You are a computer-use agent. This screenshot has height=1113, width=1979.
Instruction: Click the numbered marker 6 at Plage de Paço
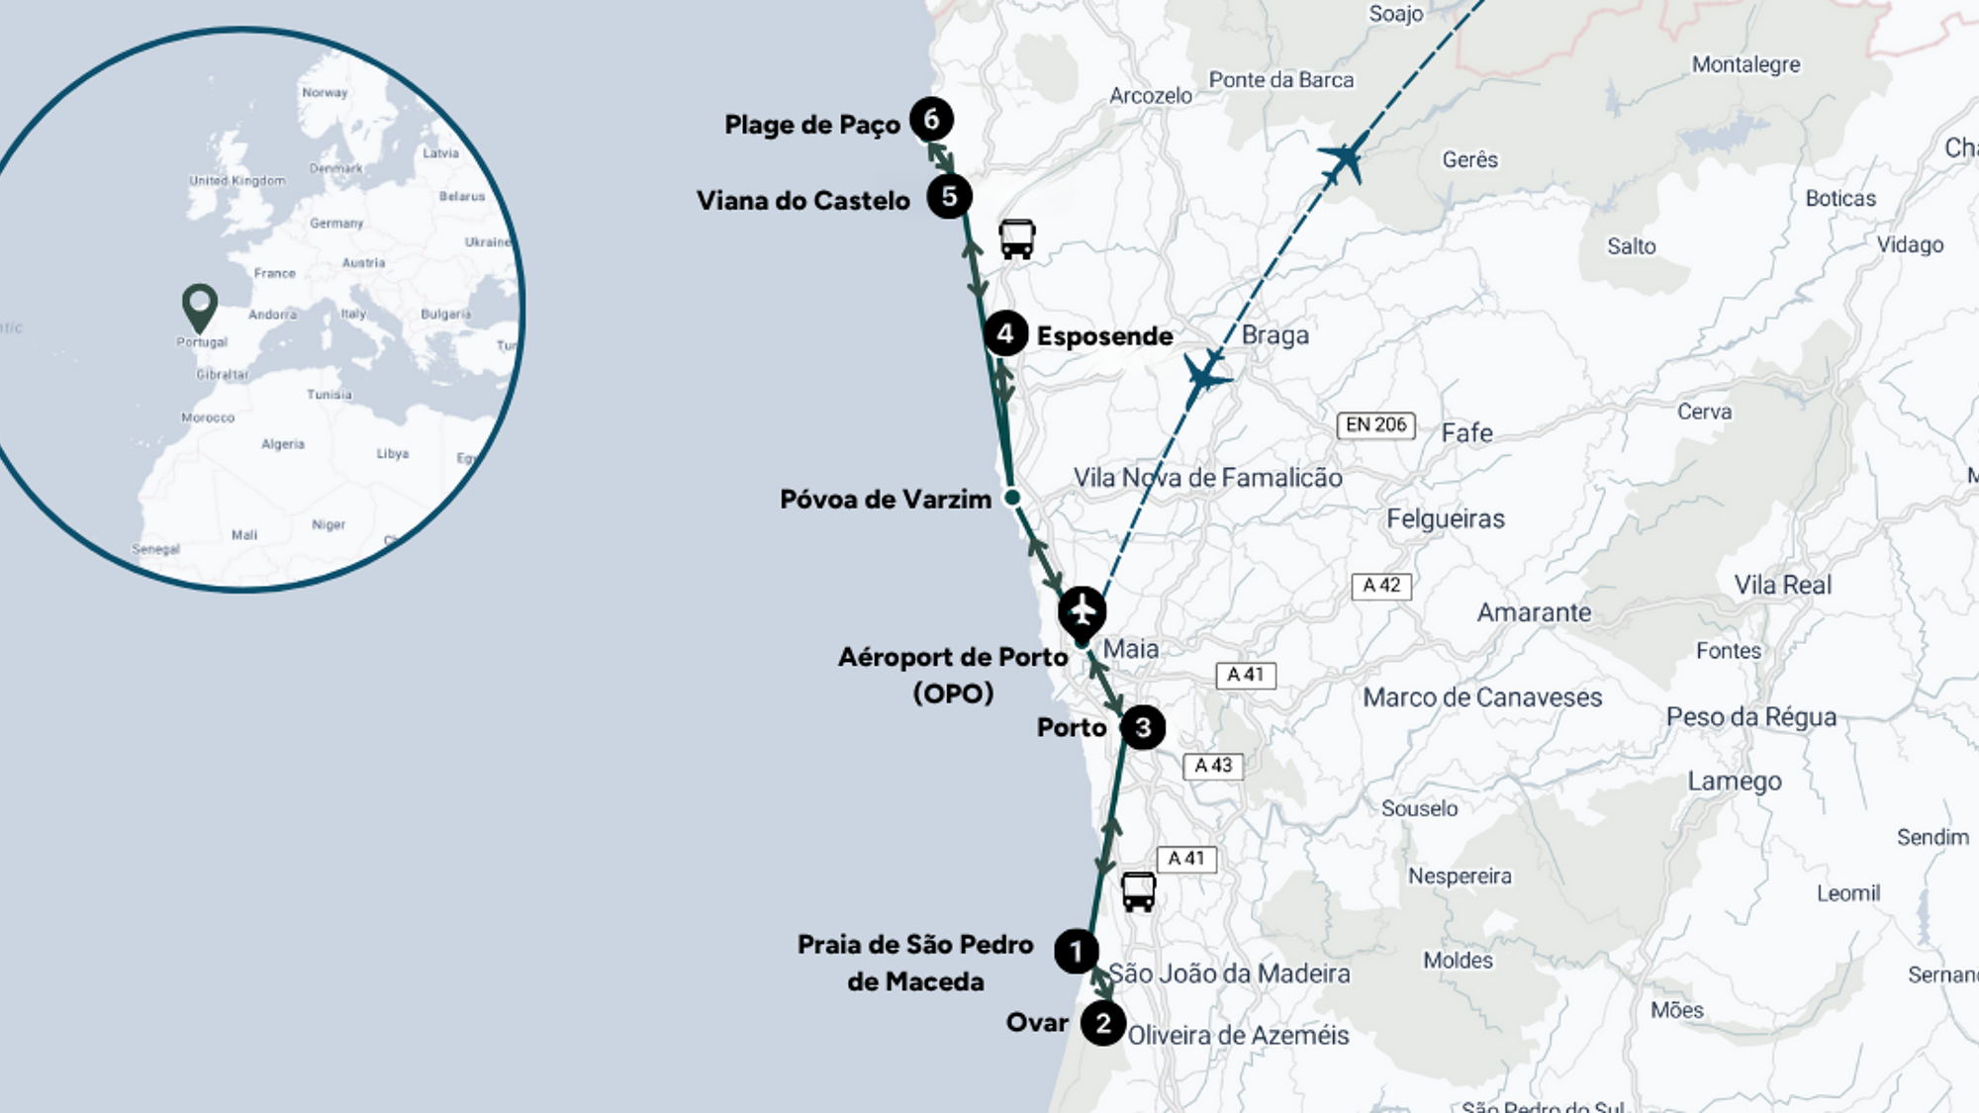pos(931,120)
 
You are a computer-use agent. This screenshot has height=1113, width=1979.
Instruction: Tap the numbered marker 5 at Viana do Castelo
pos(949,197)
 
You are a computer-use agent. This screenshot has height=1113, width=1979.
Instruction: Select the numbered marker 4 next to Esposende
pos(1005,333)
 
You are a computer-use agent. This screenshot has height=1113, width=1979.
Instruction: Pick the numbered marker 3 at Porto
pos(1143,728)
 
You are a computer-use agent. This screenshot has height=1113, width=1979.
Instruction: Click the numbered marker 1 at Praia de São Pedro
pos(1076,952)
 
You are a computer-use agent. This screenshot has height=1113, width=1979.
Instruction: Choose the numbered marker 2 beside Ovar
pos(1102,1023)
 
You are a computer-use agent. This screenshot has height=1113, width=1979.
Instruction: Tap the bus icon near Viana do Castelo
pos(1016,239)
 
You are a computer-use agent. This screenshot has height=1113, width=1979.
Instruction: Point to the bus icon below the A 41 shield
pos(1138,891)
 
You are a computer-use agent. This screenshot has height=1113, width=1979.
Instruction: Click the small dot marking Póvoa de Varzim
pos(1012,497)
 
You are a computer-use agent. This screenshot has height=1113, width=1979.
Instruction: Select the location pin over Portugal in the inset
pos(200,307)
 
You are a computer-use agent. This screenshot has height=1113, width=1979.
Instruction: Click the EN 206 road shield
pos(1375,424)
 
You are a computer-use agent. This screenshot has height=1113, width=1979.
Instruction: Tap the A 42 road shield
pos(1381,586)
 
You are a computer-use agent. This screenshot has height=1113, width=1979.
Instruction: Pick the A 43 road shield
pos(1213,766)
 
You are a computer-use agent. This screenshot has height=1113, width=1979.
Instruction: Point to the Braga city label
pos(1274,335)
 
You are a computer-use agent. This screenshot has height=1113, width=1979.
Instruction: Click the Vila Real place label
pos(1782,585)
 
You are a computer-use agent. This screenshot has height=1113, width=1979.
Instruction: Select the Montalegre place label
pos(1745,64)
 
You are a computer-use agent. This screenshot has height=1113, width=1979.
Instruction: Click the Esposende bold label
pos(1104,336)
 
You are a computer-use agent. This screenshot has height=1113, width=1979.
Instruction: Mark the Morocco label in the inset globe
pos(208,417)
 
